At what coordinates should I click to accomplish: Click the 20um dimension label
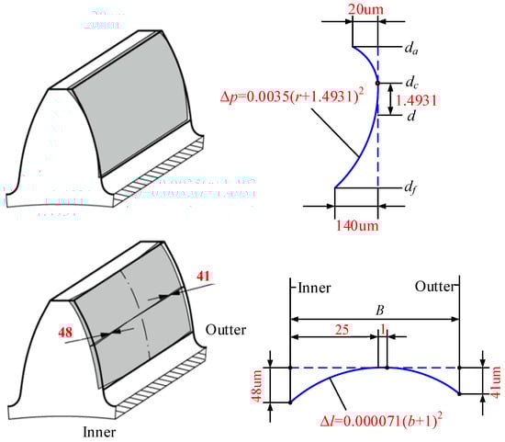point(365,9)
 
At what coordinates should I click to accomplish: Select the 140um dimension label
point(357,226)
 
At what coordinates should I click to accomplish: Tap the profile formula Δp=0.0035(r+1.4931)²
point(292,96)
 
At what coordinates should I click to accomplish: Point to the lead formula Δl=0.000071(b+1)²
point(381,421)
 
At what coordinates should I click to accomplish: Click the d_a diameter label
point(411,49)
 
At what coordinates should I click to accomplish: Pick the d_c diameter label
point(412,83)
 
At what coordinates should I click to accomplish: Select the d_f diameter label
point(410,187)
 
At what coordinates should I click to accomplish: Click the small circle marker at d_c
point(377,84)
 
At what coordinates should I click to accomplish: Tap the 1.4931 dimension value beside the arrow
point(416,101)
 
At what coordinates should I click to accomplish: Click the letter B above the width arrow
point(380,311)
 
